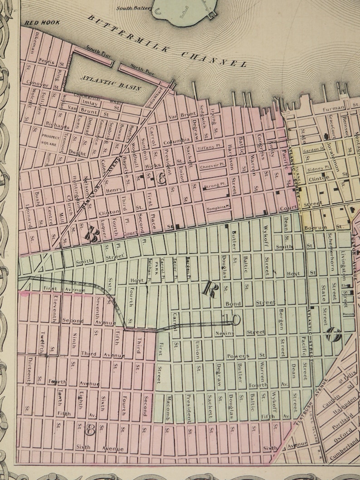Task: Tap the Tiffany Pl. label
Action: point(209,148)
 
